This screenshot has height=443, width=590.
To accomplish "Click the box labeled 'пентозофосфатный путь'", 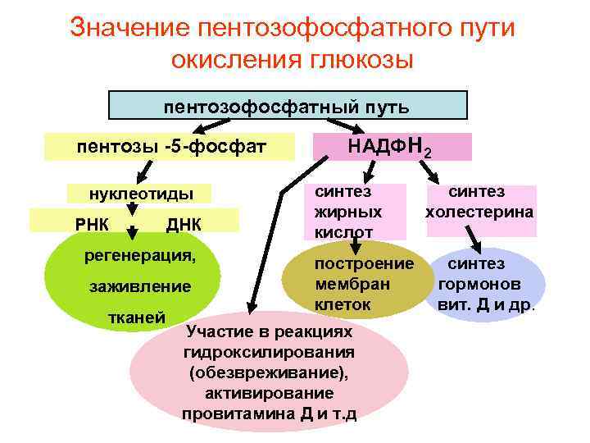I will click(x=288, y=106).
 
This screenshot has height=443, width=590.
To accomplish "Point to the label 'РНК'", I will click(x=91, y=223).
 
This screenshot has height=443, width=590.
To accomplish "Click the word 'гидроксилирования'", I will click(x=270, y=352).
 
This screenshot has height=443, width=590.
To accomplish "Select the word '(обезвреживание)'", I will click(x=269, y=372).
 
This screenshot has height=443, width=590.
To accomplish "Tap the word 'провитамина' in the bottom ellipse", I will click(x=238, y=413).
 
